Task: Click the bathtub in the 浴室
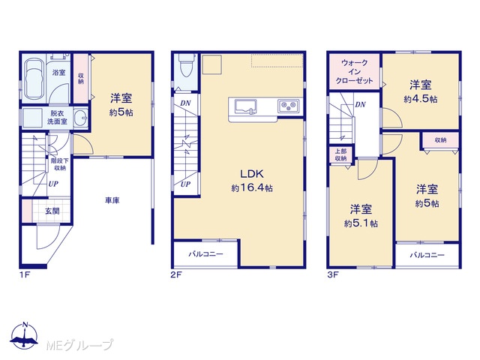(x=34, y=79)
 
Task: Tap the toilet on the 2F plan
(x=186, y=67)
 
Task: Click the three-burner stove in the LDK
(x=289, y=106)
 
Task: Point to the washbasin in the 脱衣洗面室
(x=81, y=117)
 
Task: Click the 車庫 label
(x=112, y=200)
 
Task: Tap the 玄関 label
(x=52, y=211)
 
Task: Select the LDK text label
(x=252, y=174)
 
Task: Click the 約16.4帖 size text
(x=252, y=187)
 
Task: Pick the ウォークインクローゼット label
(x=354, y=72)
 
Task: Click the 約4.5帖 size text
(x=421, y=99)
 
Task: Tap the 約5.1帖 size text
(x=361, y=223)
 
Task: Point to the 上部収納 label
(x=340, y=155)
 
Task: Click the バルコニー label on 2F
(x=205, y=254)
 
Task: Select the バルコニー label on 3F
(x=427, y=255)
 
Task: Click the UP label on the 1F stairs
(x=53, y=184)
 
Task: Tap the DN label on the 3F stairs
(x=360, y=104)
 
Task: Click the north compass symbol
(x=24, y=335)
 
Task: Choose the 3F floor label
(x=333, y=274)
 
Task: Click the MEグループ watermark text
(x=79, y=345)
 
